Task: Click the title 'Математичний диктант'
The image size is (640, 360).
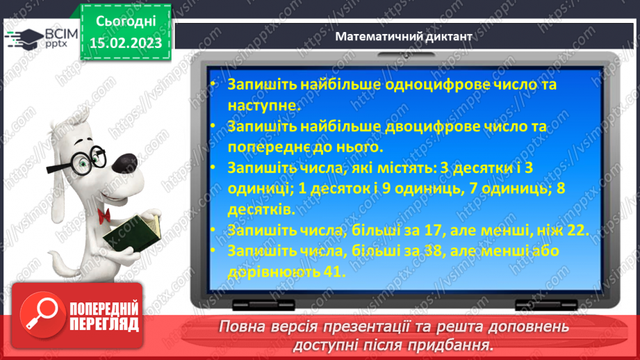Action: tap(403, 36)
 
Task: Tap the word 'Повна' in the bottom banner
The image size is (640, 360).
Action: tap(241, 326)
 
